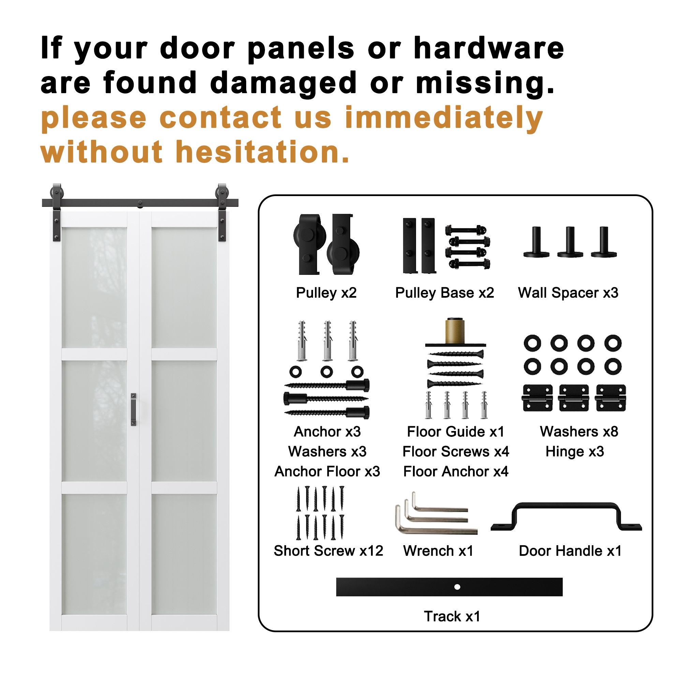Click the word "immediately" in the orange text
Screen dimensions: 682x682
(444, 119)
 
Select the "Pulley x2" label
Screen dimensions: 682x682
(326, 293)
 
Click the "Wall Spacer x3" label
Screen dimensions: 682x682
(568, 293)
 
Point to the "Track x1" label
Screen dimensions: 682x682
(452, 616)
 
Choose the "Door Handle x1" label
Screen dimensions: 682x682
(570, 551)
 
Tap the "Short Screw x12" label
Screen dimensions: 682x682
(328, 551)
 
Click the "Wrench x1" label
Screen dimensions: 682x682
(438, 551)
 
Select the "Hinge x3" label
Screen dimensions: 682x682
(575, 452)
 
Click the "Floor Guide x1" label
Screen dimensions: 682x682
(455, 431)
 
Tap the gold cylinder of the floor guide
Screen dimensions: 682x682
(455, 331)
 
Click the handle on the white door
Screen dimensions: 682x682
(133, 410)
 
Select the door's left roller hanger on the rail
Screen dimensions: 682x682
(57, 212)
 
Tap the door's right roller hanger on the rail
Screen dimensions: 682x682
(222, 212)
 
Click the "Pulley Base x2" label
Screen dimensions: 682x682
(444, 293)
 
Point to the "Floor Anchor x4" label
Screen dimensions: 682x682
(456, 471)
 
